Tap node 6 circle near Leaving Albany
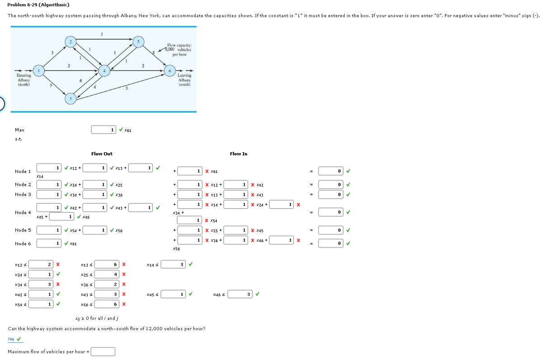coord(170,71)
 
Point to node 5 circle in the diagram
coord(139,42)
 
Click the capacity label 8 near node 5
coord(154,53)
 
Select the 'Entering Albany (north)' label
coord(23,80)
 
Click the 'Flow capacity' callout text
coord(179,50)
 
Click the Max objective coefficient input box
coord(103,130)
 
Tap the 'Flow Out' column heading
coord(102,154)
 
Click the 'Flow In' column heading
coord(238,154)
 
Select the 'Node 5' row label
coord(23,230)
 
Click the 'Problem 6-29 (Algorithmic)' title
coord(38,5)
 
